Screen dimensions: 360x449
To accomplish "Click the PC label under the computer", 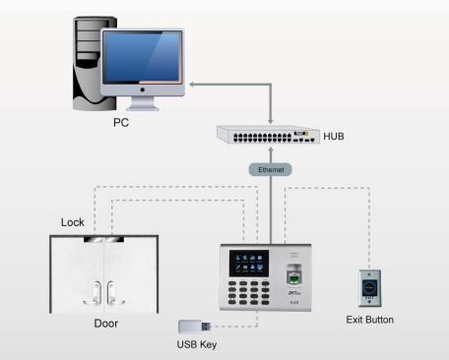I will coord(119,124).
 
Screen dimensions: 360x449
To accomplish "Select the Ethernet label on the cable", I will coord(270,169).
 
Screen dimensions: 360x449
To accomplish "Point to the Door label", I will coord(106,322).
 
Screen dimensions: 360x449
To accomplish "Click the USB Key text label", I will coord(197,344).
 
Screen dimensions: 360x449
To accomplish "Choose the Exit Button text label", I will coord(370,320).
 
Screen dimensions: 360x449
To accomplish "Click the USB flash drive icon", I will coord(193,326).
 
